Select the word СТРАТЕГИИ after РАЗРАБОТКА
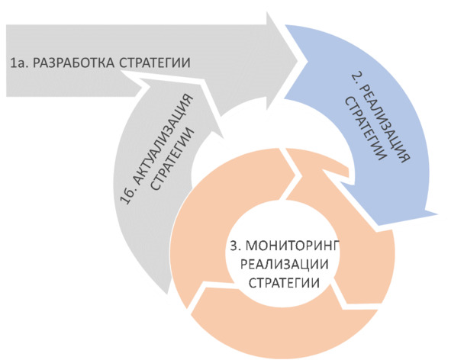coord(155,63)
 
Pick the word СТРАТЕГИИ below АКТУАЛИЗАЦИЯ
coord(173,159)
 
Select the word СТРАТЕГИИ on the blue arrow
coord(366,129)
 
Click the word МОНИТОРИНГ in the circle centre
coord(293,246)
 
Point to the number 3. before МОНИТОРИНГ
coord(236,246)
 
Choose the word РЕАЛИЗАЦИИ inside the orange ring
coord(284,264)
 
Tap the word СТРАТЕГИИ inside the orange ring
coord(284,283)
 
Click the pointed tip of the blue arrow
coord(437,214)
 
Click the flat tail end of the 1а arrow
coord(7,61)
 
